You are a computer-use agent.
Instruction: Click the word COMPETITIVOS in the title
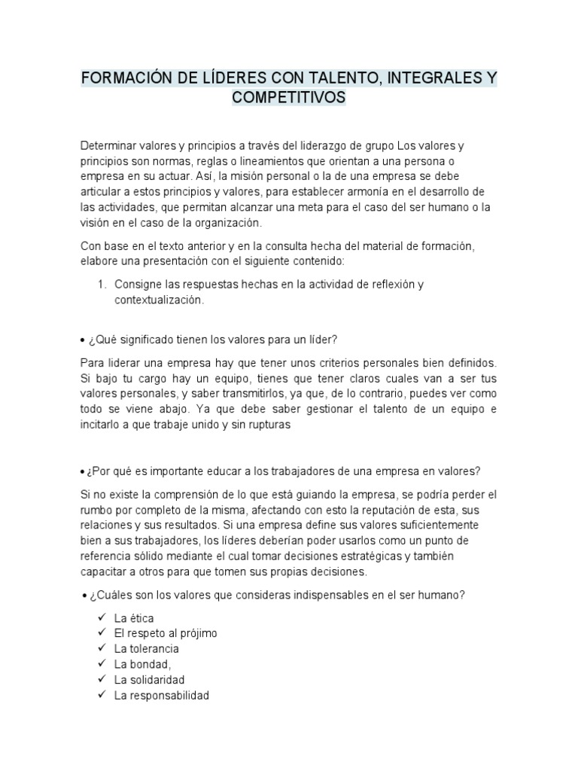coord(289,98)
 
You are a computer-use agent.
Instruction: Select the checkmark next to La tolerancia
coord(102,648)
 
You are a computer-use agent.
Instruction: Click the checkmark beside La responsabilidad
coord(102,696)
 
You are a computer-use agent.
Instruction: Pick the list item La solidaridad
coord(149,680)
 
